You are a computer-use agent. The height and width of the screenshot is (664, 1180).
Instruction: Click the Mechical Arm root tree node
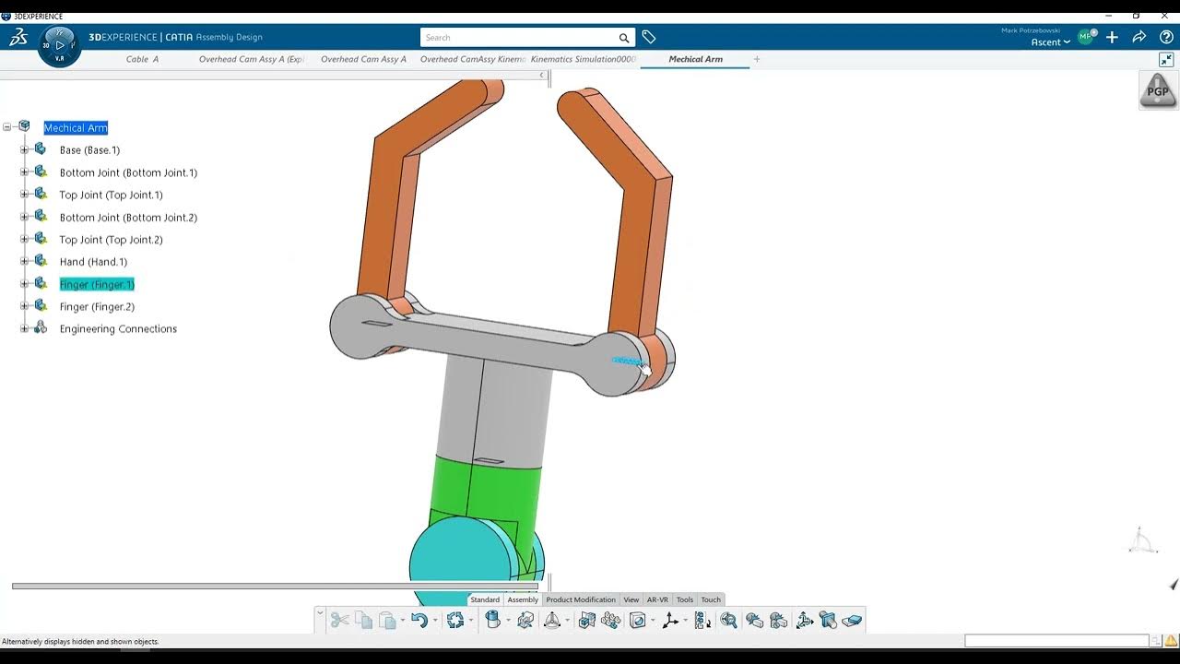point(76,128)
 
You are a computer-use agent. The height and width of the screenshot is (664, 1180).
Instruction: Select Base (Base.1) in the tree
point(89,150)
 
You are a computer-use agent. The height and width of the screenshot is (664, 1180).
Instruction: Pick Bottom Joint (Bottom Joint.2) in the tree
point(128,218)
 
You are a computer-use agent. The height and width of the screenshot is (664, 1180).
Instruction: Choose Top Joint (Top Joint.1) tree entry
point(111,196)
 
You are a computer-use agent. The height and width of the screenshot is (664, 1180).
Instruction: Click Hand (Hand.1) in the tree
point(93,262)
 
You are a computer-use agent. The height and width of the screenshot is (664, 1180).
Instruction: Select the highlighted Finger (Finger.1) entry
point(97,285)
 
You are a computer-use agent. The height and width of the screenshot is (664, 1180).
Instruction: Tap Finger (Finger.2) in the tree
point(97,307)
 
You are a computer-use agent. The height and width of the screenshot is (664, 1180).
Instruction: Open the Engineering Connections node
point(118,329)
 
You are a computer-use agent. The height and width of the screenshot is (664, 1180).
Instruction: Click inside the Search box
point(521,38)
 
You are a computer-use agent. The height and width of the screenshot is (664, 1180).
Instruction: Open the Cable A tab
point(142,59)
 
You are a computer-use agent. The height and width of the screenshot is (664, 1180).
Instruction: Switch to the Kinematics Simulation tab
point(583,59)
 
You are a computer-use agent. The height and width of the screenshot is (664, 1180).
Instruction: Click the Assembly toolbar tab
point(523,599)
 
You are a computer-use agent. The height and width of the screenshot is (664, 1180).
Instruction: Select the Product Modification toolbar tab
point(581,599)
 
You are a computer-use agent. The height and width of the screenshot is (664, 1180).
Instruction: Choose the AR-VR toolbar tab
point(657,599)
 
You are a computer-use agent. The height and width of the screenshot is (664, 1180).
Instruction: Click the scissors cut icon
point(339,621)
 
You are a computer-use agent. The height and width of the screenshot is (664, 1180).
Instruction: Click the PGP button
point(1158,91)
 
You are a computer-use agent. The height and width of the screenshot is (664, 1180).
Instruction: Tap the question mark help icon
point(1166,38)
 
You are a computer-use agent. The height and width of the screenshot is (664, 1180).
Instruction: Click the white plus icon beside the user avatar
point(1113,38)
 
